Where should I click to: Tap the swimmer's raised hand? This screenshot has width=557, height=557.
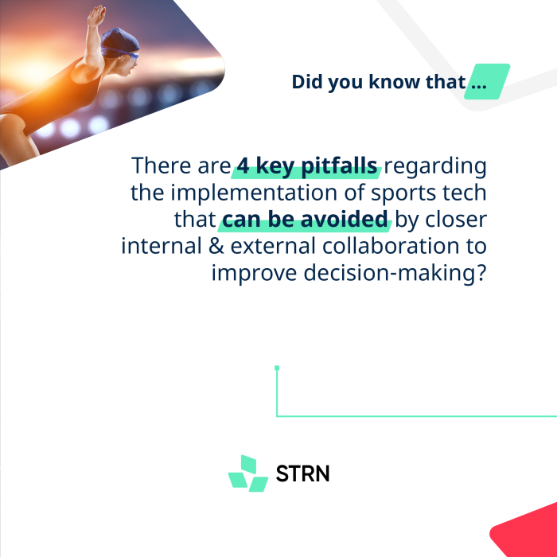(x=96, y=16)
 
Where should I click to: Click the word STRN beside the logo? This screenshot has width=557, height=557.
(x=302, y=473)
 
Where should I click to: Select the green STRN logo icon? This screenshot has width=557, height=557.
(x=248, y=473)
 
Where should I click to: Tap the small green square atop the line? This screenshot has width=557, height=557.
(x=277, y=368)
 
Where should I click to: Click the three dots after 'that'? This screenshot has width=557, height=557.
(x=479, y=86)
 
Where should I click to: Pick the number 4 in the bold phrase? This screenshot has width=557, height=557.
(x=243, y=166)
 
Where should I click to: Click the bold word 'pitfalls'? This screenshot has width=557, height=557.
(x=339, y=166)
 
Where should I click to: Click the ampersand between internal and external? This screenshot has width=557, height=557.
(x=216, y=246)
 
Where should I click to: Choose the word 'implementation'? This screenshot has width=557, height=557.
(x=254, y=193)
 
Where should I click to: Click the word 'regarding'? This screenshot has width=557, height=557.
(x=435, y=166)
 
